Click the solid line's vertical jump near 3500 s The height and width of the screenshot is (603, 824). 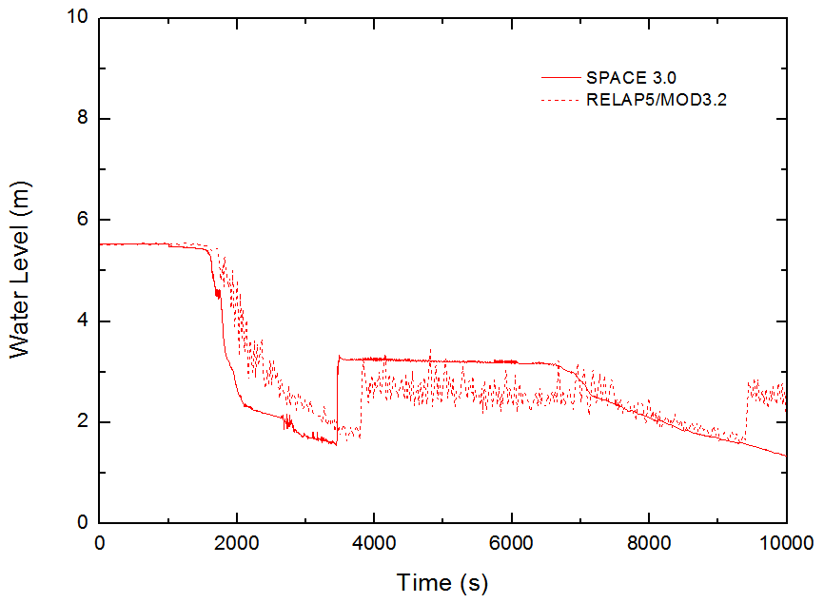click(337, 399)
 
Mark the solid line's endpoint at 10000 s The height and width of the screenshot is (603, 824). click(786, 456)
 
